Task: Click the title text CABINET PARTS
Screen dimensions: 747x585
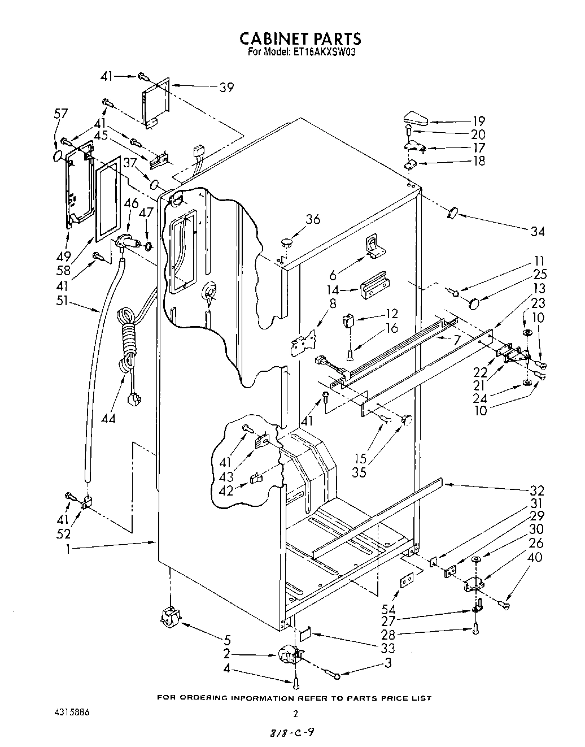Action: (300, 38)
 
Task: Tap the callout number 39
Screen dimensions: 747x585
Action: (226, 87)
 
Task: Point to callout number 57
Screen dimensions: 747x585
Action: (60, 113)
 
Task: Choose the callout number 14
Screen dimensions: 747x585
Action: (334, 290)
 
